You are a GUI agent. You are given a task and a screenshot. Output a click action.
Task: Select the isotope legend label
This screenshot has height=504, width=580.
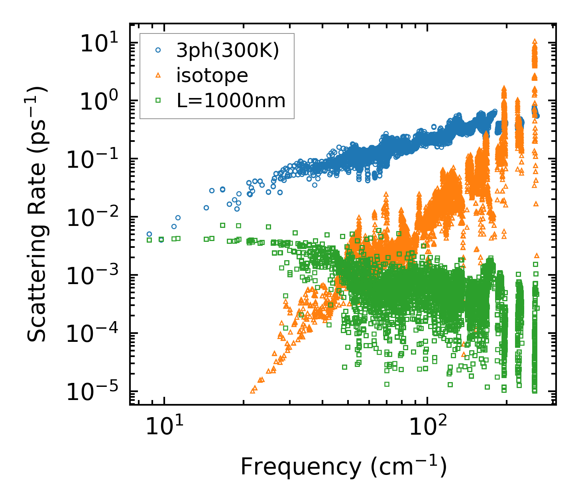pyautogui.click(x=212, y=76)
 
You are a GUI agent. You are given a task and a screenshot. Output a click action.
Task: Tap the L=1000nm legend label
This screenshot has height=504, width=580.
pyautogui.click(x=231, y=101)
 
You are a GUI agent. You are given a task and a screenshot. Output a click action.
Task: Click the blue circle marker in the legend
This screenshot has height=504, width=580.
pyautogui.click(x=158, y=51)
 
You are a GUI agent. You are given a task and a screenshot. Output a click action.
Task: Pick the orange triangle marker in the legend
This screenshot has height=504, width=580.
pyautogui.click(x=158, y=75)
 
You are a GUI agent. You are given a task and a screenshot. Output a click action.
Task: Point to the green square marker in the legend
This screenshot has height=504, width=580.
pyautogui.click(x=158, y=100)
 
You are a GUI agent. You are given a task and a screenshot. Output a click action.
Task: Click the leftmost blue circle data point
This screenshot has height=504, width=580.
pyautogui.click(x=149, y=234)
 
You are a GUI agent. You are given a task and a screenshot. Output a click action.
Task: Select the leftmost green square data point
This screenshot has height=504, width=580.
pyautogui.click(x=149, y=240)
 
